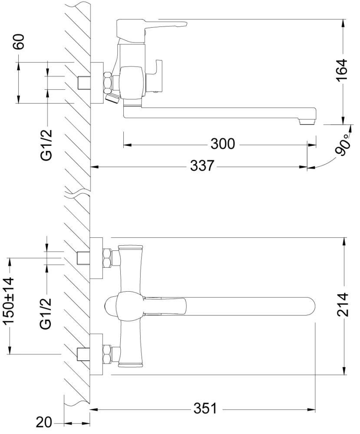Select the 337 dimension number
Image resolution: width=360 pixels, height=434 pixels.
[202, 165]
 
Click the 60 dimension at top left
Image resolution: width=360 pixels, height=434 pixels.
[20, 42]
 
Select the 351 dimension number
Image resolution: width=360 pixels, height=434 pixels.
[205, 409]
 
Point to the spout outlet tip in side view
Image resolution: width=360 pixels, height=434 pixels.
[307, 121]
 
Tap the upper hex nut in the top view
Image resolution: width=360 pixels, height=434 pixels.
[106, 258]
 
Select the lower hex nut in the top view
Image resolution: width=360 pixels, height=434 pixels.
[106, 354]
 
